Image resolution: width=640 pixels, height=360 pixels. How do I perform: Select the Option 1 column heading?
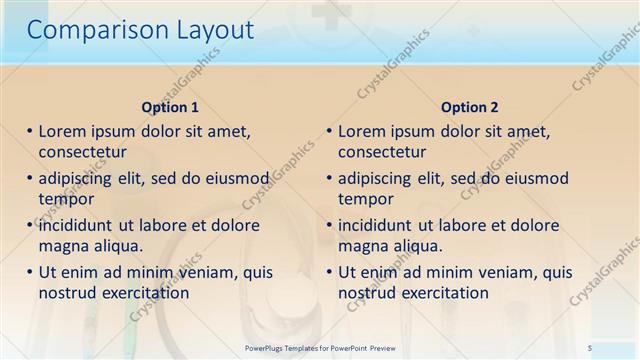[170, 107]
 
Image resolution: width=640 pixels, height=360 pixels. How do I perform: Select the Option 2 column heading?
[470, 107]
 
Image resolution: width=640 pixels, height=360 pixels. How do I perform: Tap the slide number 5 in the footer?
[590, 346]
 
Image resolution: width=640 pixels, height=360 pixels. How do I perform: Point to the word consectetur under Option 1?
[82, 152]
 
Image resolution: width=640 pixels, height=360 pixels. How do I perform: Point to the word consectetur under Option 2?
[382, 152]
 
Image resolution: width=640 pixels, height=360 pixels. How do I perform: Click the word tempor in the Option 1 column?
[66, 199]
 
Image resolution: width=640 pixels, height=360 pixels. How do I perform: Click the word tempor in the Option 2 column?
[366, 199]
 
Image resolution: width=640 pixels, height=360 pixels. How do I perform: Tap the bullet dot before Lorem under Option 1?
[30, 131]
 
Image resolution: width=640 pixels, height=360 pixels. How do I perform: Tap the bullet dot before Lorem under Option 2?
[330, 131]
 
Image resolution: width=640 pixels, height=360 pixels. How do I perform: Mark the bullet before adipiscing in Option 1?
[30, 178]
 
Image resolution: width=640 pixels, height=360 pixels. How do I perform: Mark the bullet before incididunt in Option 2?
[330, 225]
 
